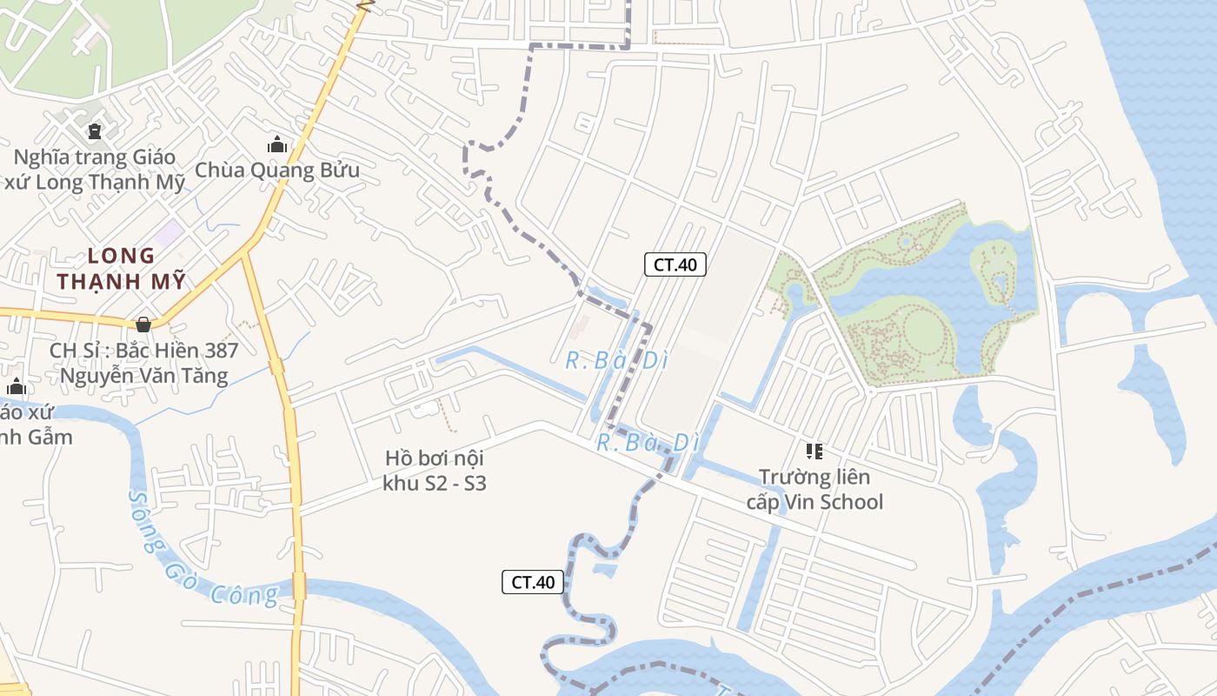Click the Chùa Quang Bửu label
point(276,170)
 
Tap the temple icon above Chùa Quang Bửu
point(277,144)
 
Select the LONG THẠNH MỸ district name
point(121,269)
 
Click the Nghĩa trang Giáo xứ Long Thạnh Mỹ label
point(95,170)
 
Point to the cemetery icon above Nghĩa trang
point(94,132)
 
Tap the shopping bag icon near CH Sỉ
point(143,325)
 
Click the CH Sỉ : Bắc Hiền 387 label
point(143,351)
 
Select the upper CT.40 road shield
point(675,264)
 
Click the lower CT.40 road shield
point(533,582)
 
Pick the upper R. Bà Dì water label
point(616,360)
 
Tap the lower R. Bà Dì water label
point(648,443)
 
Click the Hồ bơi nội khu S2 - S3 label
point(435,471)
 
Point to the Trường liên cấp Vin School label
point(815,490)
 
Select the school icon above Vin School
point(815,451)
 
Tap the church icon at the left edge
point(17,386)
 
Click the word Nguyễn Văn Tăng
point(143,376)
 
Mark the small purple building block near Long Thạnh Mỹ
point(169,233)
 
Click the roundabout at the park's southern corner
point(870,391)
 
